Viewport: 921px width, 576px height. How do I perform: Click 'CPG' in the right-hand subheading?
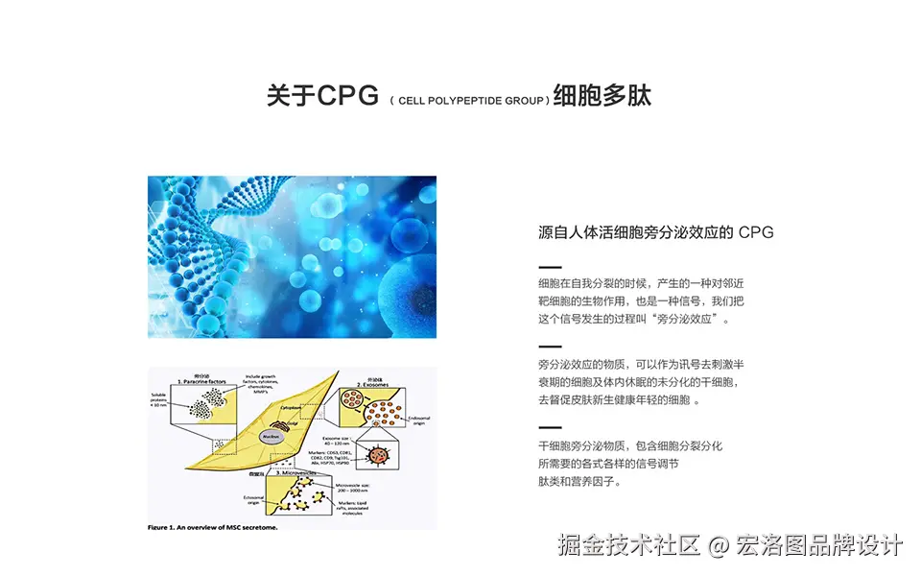point(756,232)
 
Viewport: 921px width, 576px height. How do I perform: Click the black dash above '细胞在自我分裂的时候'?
point(550,266)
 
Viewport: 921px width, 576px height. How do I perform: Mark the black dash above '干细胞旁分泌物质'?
point(550,427)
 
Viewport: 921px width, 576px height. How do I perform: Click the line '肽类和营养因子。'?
point(579,482)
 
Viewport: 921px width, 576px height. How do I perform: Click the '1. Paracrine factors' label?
point(201,381)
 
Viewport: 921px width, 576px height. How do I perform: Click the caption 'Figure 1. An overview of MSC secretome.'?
point(212,527)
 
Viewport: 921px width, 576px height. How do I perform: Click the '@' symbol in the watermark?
point(720,546)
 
